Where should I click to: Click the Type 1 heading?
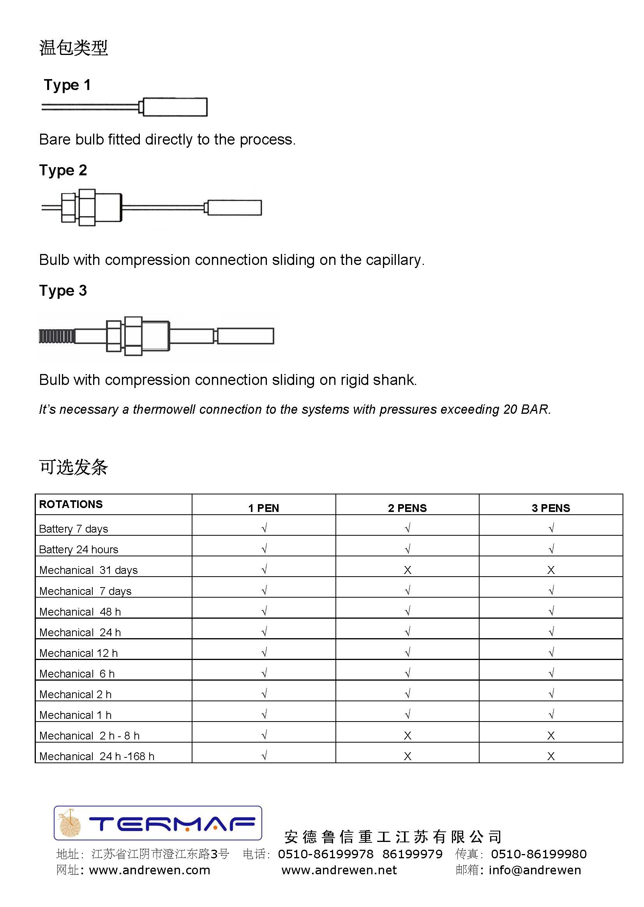point(67,85)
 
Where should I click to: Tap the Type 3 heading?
point(63,291)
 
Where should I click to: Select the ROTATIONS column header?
point(71,504)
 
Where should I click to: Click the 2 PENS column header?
point(407,508)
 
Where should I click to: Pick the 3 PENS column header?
point(551,508)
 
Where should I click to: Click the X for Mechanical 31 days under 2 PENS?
point(407,570)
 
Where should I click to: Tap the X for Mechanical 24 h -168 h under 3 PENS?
point(551,756)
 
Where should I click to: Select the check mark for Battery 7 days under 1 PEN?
point(264,528)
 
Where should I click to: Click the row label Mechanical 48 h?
point(80,612)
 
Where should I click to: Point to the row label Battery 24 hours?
point(79,549)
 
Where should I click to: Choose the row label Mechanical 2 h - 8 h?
point(89,736)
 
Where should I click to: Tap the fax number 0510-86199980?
point(538,854)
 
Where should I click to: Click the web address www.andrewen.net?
point(339,870)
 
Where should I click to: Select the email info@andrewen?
point(535,870)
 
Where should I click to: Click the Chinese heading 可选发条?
point(73,467)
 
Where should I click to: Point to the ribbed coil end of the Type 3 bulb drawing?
point(56,336)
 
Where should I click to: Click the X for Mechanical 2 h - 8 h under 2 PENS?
point(407,736)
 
